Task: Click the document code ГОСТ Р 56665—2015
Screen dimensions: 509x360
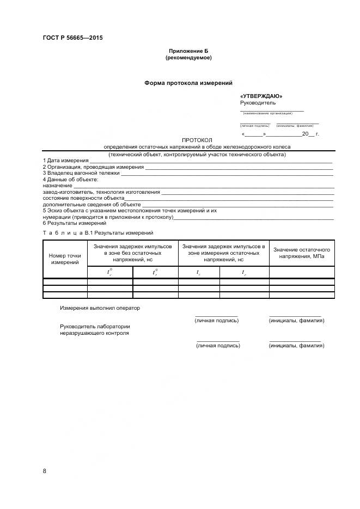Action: tap(72, 38)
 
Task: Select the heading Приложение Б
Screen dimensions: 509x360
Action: tap(188, 51)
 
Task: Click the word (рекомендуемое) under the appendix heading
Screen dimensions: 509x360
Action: tap(188, 57)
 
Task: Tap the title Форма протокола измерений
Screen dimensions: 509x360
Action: tap(188, 83)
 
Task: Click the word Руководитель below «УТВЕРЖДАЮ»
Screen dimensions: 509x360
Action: tap(258, 102)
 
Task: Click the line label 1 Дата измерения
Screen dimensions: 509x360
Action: tap(65, 161)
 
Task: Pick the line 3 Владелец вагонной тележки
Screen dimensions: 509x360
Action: tap(81, 173)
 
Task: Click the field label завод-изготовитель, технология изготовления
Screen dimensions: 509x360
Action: tap(101, 192)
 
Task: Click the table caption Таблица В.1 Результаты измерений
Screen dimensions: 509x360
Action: tap(98, 233)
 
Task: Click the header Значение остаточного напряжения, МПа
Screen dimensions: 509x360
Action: tap(302, 253)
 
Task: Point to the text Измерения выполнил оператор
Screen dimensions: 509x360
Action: tap(100, 308)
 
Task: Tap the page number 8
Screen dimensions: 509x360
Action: tap(44, 471)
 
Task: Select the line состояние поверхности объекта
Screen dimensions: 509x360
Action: tap(83, 198)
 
